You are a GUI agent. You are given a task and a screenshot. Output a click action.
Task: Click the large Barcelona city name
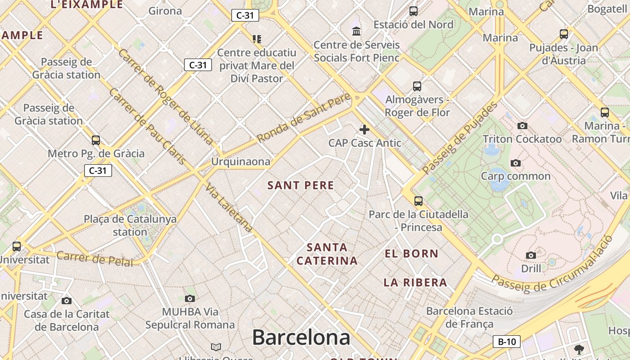pyautogui.click(x=301, y=337)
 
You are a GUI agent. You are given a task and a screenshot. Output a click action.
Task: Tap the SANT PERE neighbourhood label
pyautogui.click(x=301, y=185)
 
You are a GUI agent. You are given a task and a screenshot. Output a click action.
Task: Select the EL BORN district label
pyautogui.click(x=411, y=254)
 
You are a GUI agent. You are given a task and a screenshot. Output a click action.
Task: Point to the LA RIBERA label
pyautogui.click(x=415, y=283)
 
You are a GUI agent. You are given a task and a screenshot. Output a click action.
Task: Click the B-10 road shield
pyautogui.click(x=507, y=342)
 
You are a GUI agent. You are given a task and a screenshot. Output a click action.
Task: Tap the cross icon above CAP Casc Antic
pyautogui.click(x=364, y=130)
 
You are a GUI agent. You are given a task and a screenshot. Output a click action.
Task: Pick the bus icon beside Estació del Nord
pyautogui.click(x=413, y=11)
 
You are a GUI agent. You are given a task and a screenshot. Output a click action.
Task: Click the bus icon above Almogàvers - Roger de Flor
pyautogui.click(x=417, y=86)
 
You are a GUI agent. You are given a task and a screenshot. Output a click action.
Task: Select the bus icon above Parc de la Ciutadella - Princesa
pyautogui.click(x=418, y=201)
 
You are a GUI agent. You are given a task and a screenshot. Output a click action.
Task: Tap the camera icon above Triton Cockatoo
pyautogui.click(x=522, y=126)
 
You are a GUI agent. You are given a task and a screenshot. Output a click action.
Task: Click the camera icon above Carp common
pyautogui.click(x=516, y=163)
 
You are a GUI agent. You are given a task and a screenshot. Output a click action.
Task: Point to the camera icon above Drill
pyautogui.click(x=531, y=256)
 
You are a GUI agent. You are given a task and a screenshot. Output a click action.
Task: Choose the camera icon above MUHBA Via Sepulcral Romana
pyautogui.click(x=190, y=298)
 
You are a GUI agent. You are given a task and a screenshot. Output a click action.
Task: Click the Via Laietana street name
pyautogui.click(x=229, y=208)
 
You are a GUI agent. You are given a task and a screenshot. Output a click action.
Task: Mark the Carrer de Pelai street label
pyautogui.click(x=95, y=259)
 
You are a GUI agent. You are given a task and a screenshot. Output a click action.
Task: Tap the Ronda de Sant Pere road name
pyautogui.click(x=304, y=118)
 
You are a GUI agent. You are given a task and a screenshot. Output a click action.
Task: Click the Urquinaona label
pyautogui.click(x=241, y=162)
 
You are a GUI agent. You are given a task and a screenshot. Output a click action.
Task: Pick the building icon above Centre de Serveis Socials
pyautogui.click(x=356, y=31)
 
